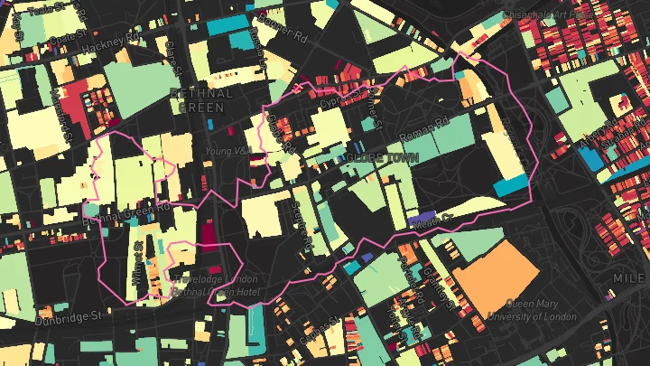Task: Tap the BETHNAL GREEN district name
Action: coord(200,100)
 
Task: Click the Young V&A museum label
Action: coord(226,151)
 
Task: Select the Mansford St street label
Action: coord(60,108)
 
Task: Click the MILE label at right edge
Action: coord(632,277)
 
